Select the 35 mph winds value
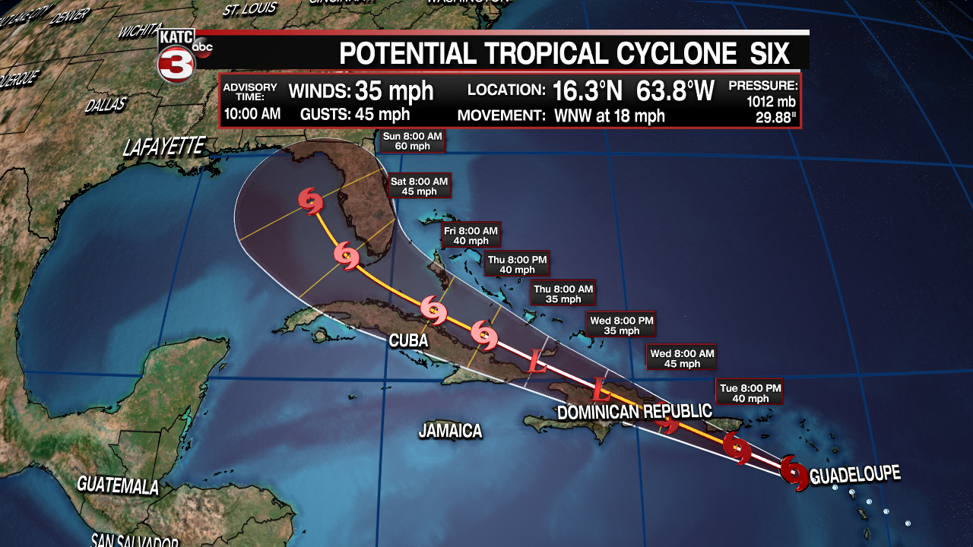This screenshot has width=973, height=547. click(x=395, y=91)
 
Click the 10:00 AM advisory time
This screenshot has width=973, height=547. click(x=252, y=115)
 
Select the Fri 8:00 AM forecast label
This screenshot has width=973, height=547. click(x=470, y=236)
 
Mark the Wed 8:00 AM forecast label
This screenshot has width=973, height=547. click(x=682, y=359)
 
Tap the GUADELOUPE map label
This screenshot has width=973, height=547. click(x=855, y=476)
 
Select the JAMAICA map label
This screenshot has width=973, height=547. click(x=450, y=431)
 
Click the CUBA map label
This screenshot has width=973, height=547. click(x=408, y=341)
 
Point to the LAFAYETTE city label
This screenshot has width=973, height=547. click(x=164, y=146)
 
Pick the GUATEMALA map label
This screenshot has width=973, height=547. click(x=118, y=484)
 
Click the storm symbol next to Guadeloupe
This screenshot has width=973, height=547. click(x=794, y=472)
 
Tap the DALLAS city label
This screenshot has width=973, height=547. click(x=105, y=105)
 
